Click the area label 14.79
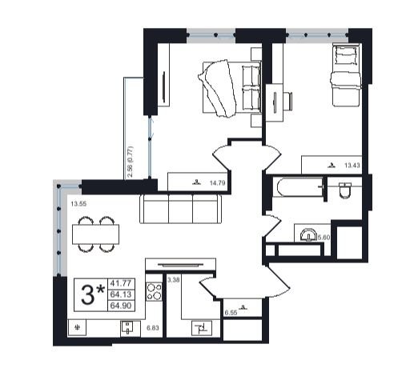pos(217,183)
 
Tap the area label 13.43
pos(352,166)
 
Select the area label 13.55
pos(78,204)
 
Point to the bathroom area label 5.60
pos(324,237)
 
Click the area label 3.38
pos(174,280)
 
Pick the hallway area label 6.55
pos(231,313)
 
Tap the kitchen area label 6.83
pos(153,328)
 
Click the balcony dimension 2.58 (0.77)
pos(131,162)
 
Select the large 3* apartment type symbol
pos(92,294)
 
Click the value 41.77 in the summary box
pos(121,283)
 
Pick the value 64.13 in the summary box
pos(121,294)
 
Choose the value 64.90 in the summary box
pos(121,306)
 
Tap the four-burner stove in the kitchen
pos(154,291)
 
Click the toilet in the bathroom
pos(345,190)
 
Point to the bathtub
pos(299,187)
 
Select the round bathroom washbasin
pos(308,235)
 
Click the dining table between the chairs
pos(95,234)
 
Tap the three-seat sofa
pos(180,209)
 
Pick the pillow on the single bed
pos(346,55)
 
